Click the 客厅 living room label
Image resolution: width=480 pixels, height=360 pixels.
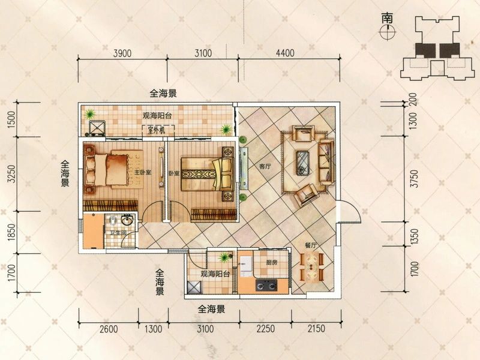(265, 167)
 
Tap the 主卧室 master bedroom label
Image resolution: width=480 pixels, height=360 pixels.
(143, 172)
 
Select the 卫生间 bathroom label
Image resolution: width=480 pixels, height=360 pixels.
(118, 233)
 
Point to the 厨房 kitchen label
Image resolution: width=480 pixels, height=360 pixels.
(272, 262)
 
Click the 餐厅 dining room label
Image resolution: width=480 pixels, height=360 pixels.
(310, 245)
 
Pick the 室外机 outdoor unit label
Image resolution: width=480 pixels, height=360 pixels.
(157, 130)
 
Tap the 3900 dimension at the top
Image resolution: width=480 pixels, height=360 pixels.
(122, 53)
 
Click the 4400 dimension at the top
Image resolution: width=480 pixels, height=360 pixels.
(285, 53)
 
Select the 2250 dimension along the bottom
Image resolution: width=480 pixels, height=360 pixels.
(265, 329)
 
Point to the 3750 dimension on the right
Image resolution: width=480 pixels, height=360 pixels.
(414, 178)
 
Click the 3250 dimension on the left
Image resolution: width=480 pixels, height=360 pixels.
(11, 174)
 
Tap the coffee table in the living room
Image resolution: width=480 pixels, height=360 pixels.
(303, 163)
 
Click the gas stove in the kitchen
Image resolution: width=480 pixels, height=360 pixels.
(266, 286)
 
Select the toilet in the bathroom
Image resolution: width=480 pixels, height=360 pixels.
(113, 220)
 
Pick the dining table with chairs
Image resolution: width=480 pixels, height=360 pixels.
(311, 266)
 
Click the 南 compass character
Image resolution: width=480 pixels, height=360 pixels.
(387, 19)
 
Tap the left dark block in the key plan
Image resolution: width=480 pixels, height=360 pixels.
(425, 50)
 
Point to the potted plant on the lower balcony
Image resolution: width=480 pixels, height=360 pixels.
(225, 257)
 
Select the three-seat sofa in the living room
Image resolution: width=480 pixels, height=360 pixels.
(326, 161)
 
